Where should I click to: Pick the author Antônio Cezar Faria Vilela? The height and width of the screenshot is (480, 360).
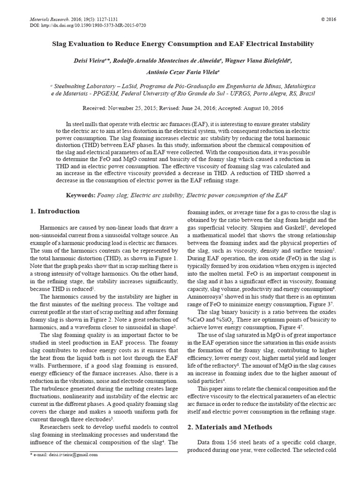pyautogui.click(x=180, y=72)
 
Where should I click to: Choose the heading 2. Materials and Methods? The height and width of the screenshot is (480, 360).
pyautogui.click(x=226, y=427)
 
